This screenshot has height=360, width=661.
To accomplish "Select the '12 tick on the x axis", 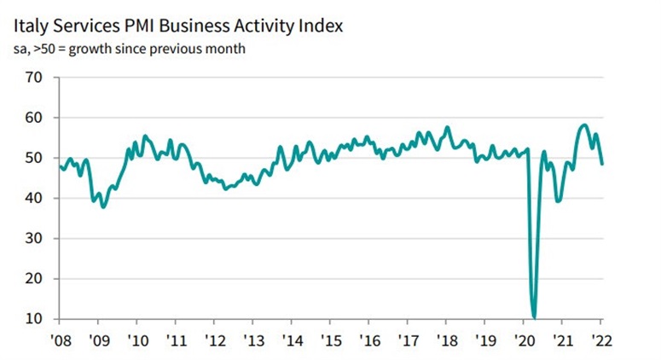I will tap(214, 340).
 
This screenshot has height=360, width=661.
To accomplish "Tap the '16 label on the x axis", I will tap(369, 340).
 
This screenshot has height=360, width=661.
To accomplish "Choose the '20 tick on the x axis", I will tap(525, 340).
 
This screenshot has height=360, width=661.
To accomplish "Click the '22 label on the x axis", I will tap(602, 340).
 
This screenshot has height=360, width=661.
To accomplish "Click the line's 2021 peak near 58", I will tap(583, 125).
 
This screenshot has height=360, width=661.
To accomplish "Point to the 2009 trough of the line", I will tap(103, 206).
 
